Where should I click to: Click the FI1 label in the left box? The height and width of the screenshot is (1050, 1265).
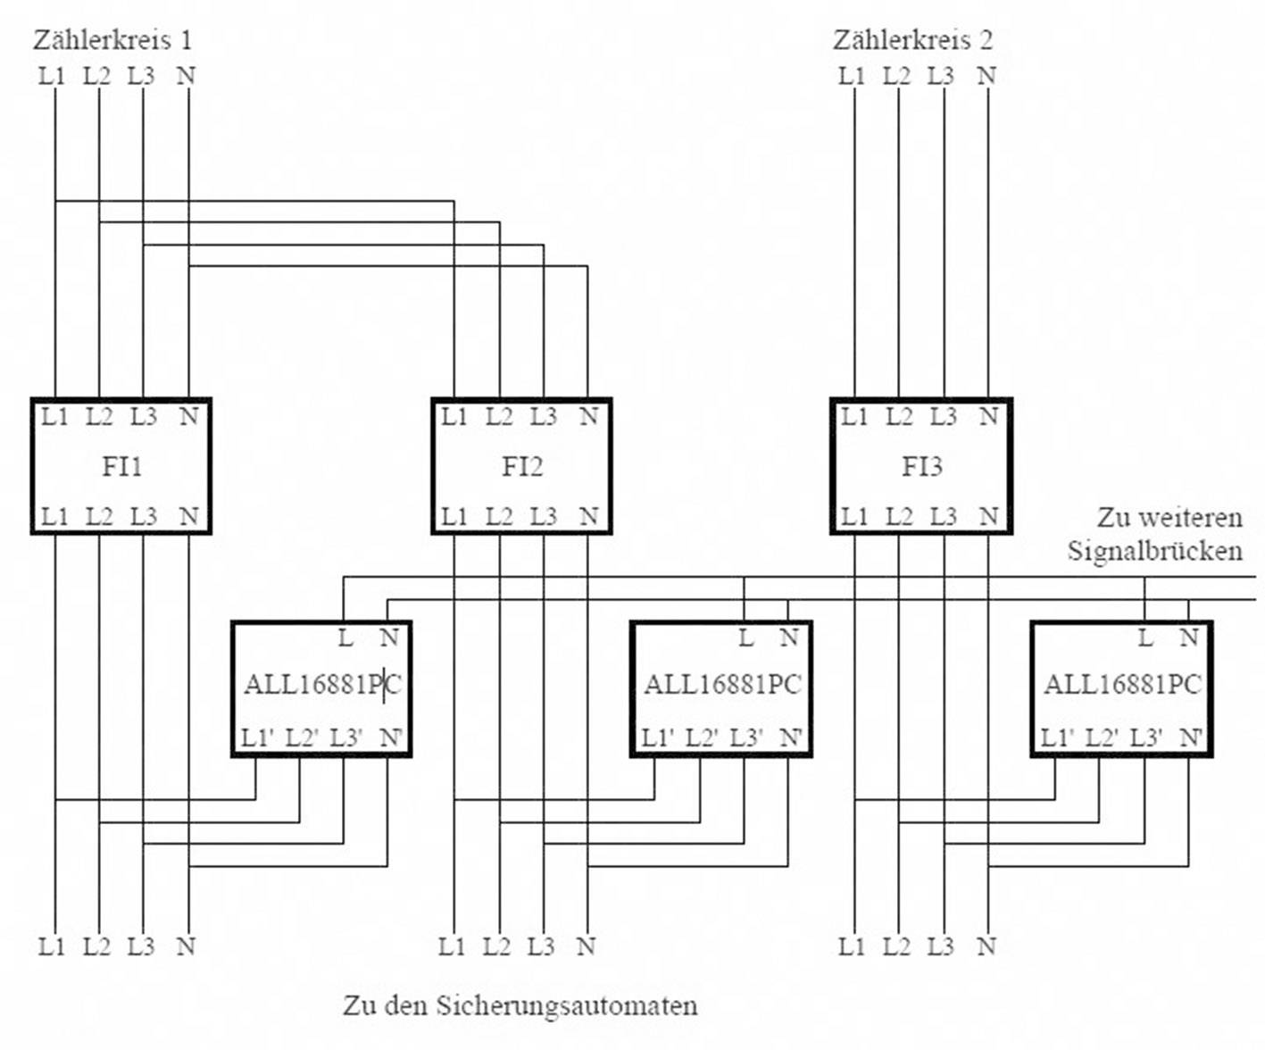[121, 466]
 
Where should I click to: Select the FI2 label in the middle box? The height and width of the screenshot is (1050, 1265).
[521, 466]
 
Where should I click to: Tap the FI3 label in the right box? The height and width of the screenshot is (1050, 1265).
[921, 466]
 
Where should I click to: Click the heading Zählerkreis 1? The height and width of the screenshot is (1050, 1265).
[112, 40]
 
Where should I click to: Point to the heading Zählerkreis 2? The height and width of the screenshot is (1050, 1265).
[912, 40]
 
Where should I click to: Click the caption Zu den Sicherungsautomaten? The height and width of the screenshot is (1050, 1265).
[520, 1005]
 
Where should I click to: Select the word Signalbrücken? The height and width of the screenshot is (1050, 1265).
[1154, 550]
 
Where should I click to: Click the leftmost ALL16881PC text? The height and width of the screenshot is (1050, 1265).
[322, 685]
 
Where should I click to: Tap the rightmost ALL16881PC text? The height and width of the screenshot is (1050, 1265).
[1122, 685]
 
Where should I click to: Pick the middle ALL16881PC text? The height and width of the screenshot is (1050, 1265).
[722, 685]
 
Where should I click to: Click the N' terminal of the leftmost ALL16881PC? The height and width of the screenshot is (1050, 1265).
[391, 738]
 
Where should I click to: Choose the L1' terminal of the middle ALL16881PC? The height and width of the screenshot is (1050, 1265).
[658, 738]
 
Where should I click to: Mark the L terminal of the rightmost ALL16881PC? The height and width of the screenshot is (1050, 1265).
[1145, 638]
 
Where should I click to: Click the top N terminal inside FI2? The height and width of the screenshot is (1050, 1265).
[588, 416]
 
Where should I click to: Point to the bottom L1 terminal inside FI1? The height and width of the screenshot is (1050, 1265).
[54, 516]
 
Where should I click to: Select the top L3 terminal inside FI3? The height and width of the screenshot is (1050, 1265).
[943, 416]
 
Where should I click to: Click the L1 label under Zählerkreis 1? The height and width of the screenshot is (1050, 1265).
[52, 76]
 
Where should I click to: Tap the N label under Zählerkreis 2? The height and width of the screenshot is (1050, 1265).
[986, 76]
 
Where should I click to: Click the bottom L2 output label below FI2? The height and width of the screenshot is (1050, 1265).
[497, 946]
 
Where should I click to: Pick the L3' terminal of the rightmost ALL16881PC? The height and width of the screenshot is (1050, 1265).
[1145, 738]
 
